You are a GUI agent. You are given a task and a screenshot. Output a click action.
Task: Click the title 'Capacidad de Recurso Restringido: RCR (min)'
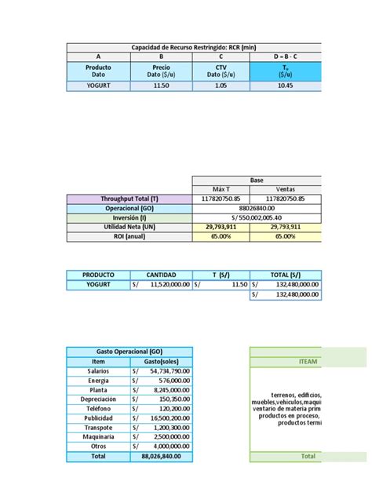pyautogui.click(x=193, y=47)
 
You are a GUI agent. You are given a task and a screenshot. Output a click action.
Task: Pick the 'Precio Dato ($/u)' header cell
pyautogui.click(x=162, y=71)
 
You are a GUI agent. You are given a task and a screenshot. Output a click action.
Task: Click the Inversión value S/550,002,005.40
pyautogui.click(x=257, y=217)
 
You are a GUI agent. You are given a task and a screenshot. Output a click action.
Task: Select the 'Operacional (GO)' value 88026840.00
pyautogui.click(x=257, y=208)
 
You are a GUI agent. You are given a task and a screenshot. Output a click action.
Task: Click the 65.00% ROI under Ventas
pyautogui.click(x=290, y=236)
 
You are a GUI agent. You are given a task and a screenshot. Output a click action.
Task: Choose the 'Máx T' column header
pyautogui.click(x=224, y=189)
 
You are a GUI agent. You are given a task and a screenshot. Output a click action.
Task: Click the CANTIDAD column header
pyautogui.click(x=161, y=275)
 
